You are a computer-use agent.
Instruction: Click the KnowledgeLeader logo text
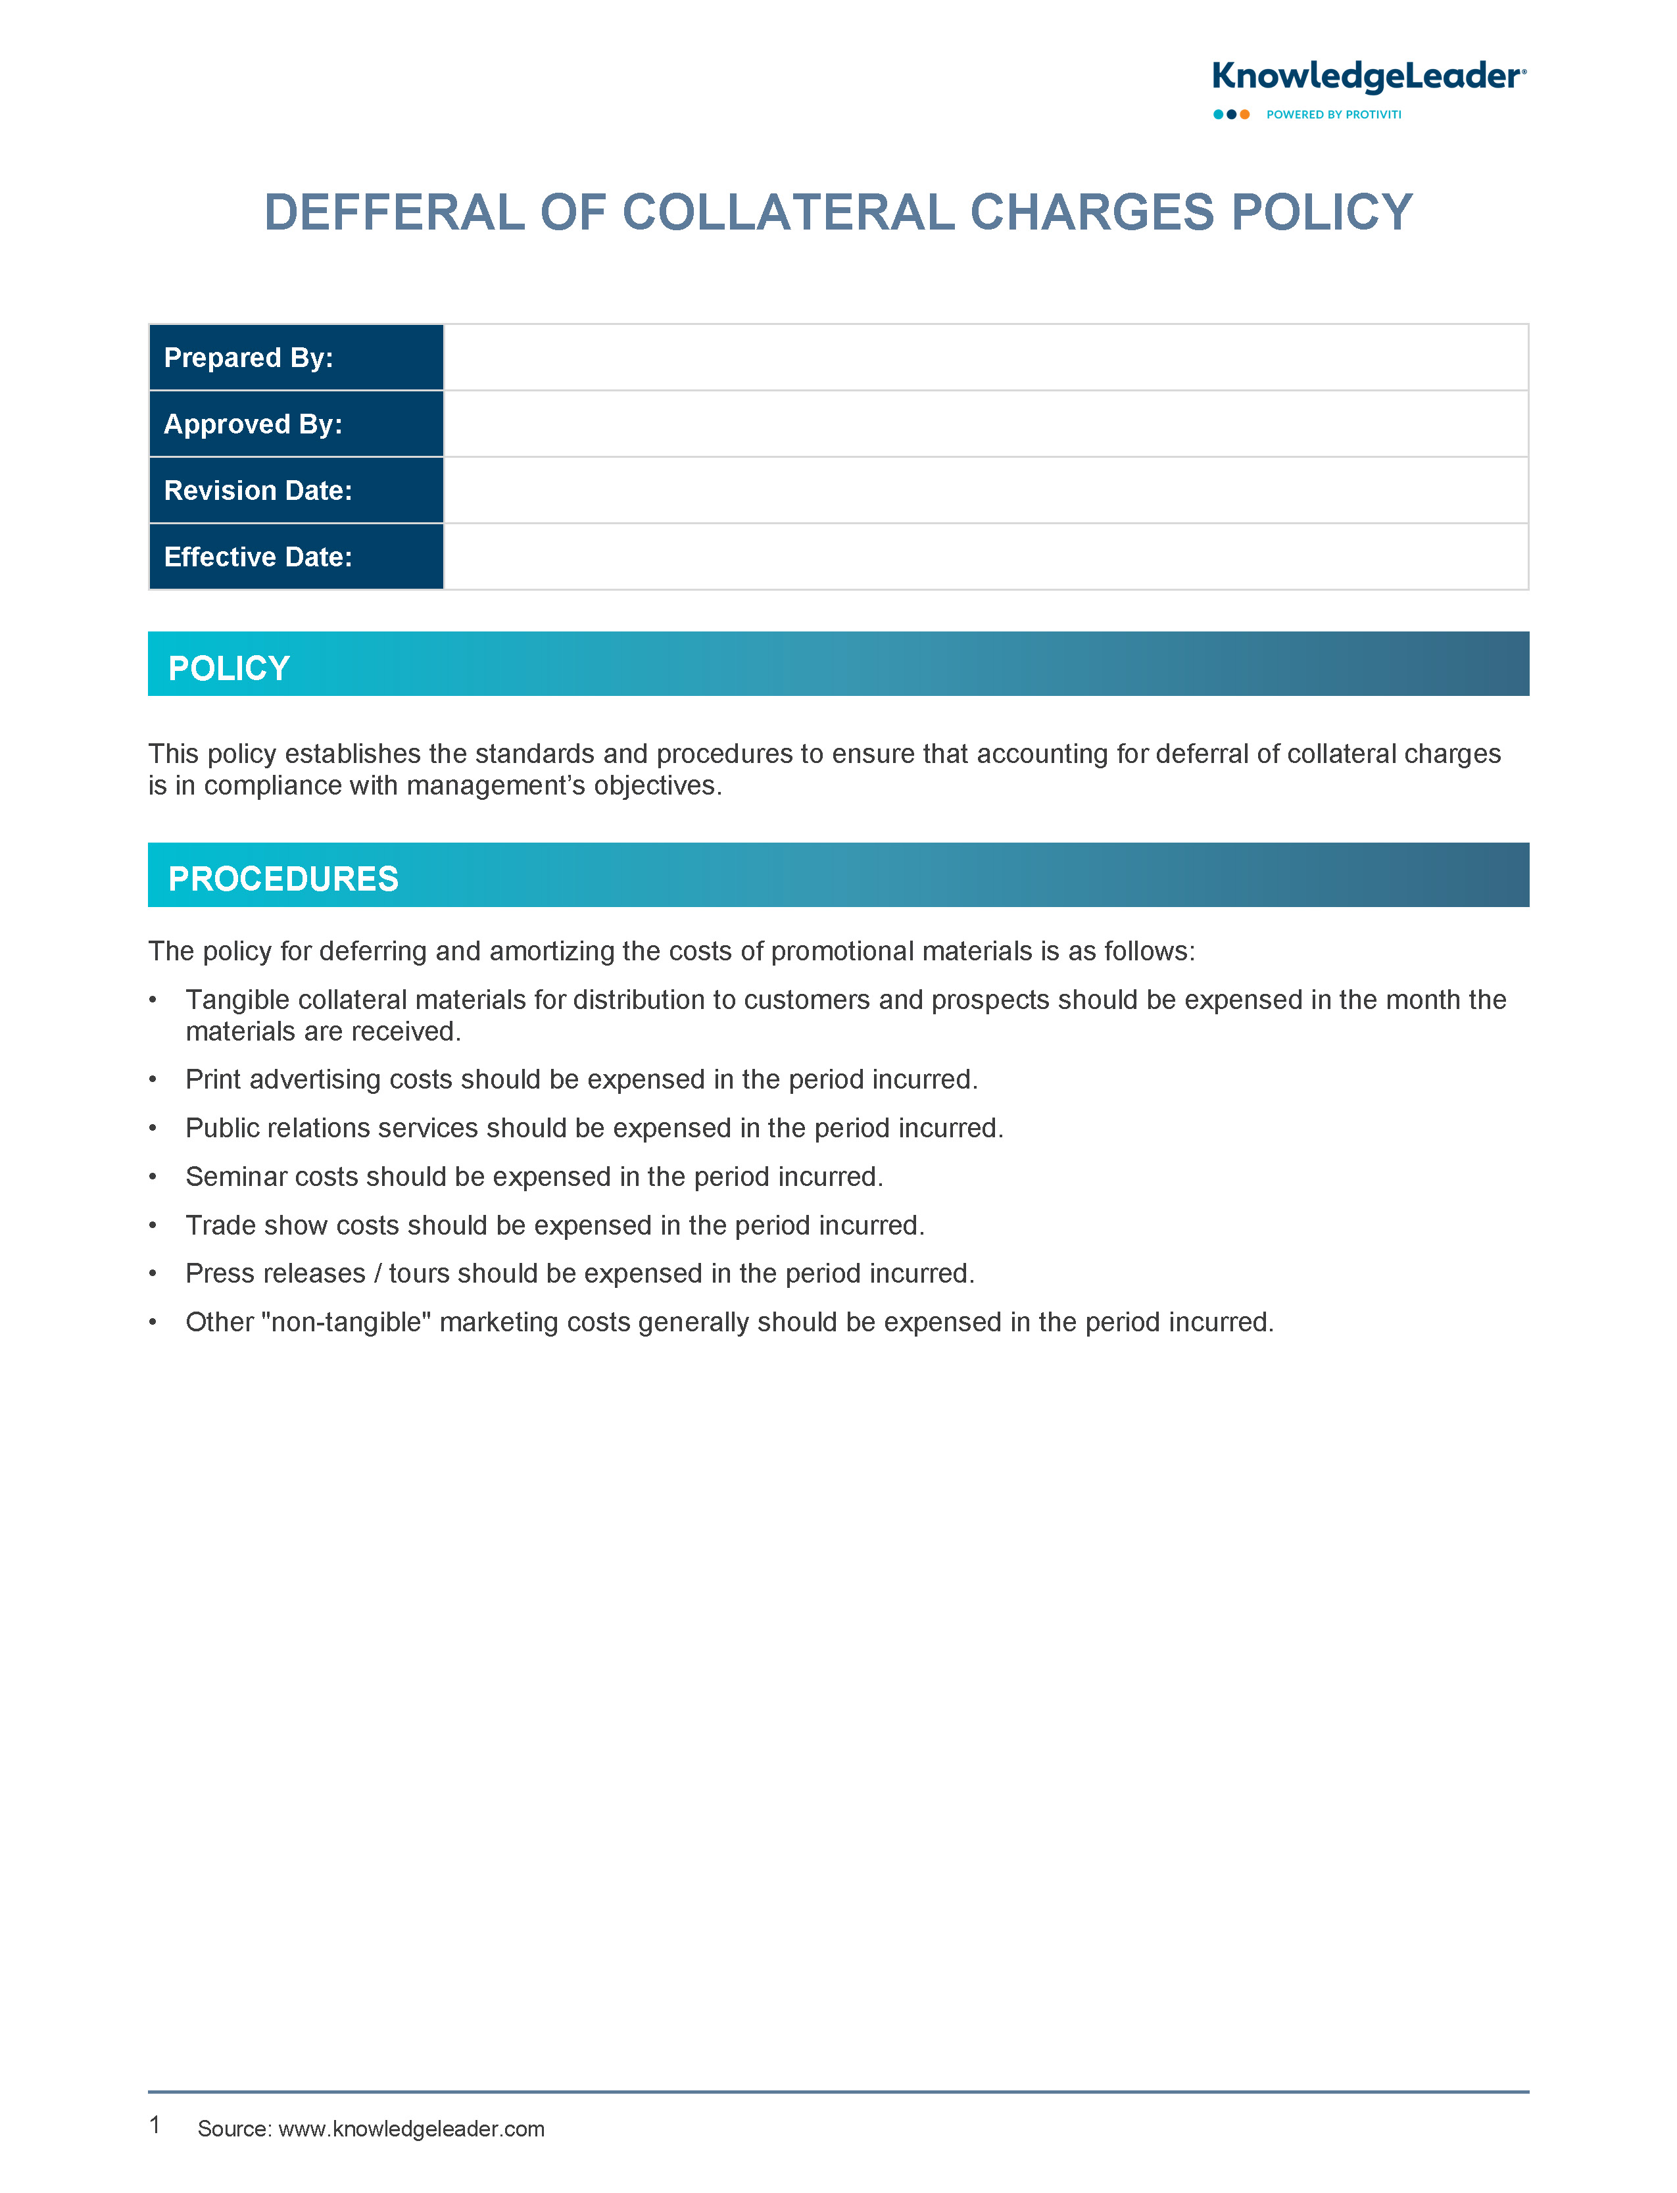click(1367, 77)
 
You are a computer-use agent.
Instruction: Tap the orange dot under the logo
click(1245, 115)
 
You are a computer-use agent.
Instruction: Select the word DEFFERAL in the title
click(395, 212)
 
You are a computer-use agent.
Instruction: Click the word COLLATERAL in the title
click(789, 212)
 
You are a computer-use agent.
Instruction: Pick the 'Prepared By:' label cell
click(295, 357)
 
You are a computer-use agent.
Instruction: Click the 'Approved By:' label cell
click(295, 424)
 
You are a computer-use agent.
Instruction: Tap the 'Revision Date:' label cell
click(295, 490)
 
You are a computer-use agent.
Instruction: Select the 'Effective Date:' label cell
click(295, 557)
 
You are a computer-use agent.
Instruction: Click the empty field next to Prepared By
click(985, 357)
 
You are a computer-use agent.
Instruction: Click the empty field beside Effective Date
click(985, 557)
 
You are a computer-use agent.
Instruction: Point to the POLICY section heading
click(229, 668)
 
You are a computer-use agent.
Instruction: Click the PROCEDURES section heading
click(283, 878)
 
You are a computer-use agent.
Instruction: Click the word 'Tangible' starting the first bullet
click(237, 999)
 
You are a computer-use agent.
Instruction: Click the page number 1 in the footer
click(155, 2124)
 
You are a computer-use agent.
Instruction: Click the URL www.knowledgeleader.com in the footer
click(411, 2128)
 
